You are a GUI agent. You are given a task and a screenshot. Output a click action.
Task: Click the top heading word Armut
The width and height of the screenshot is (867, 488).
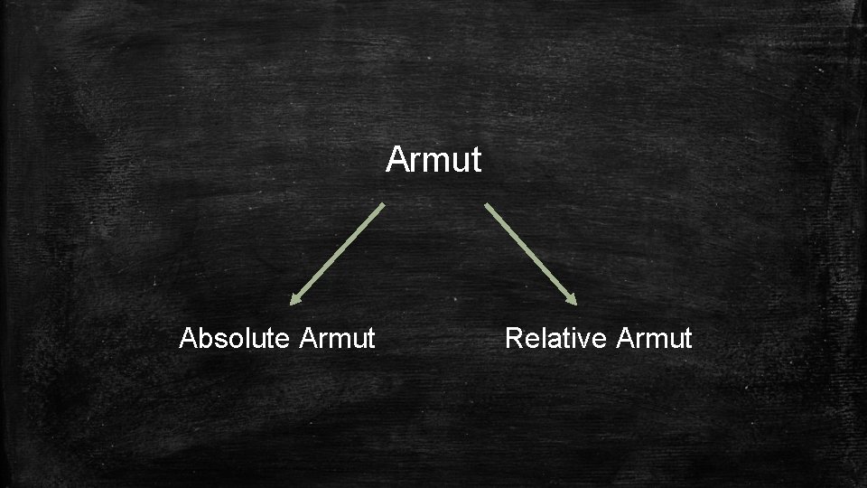pos(433,160)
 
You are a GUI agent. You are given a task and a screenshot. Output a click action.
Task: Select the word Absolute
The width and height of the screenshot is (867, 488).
pos(234,338)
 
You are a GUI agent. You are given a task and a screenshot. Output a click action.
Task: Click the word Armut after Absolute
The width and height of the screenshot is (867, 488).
pos(336,338)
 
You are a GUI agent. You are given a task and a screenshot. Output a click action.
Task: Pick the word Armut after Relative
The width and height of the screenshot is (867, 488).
pos(654,338)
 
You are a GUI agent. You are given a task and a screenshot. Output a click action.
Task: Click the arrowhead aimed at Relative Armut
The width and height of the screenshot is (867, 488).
pos(571,299)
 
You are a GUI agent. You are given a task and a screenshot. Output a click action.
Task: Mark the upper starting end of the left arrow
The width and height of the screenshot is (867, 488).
pos(383,205)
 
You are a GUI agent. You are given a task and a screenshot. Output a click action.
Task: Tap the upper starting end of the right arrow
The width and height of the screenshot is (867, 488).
pos(487,205)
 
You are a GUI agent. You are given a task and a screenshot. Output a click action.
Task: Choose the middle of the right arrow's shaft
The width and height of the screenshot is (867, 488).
pos(529,253)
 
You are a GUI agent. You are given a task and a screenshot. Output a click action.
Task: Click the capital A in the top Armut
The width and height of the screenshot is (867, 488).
pos(397,160)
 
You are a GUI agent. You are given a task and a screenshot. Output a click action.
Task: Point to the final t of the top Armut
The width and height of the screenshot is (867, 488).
pos(476,161)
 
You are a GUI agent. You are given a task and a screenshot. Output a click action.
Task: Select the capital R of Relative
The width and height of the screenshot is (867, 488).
pos(514,338)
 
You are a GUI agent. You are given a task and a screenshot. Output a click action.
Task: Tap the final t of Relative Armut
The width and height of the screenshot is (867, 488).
pos(687,339)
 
